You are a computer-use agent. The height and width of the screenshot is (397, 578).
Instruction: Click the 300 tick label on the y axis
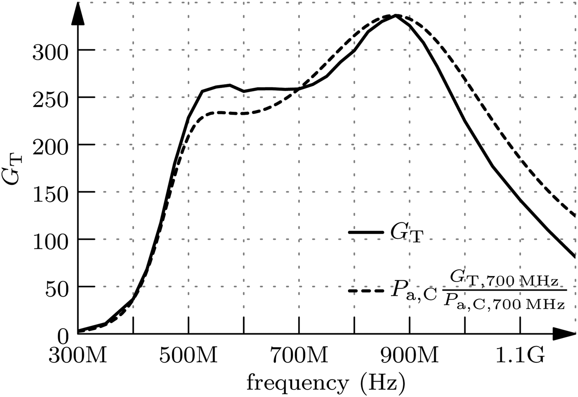(x=50, y=53)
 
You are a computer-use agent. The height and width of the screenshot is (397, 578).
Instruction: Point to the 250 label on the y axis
(x=50, y=100)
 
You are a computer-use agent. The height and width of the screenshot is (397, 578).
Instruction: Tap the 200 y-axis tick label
(x=50, y=148)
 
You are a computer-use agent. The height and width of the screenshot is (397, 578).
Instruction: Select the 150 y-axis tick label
(x=50, y=195)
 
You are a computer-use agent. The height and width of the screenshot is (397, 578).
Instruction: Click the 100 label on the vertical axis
(x=50, y=242)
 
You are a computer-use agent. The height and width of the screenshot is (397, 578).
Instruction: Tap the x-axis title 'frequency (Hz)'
(x=326, y=383)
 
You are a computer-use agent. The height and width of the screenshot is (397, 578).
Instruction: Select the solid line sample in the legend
(x=366, y=233)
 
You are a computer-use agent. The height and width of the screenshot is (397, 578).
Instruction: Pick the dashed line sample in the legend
(x=366, y=291)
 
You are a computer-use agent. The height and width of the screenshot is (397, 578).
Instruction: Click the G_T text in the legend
(x=407, y=234)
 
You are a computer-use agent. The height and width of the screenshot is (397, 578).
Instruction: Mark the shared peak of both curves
(x=396, y=16)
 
